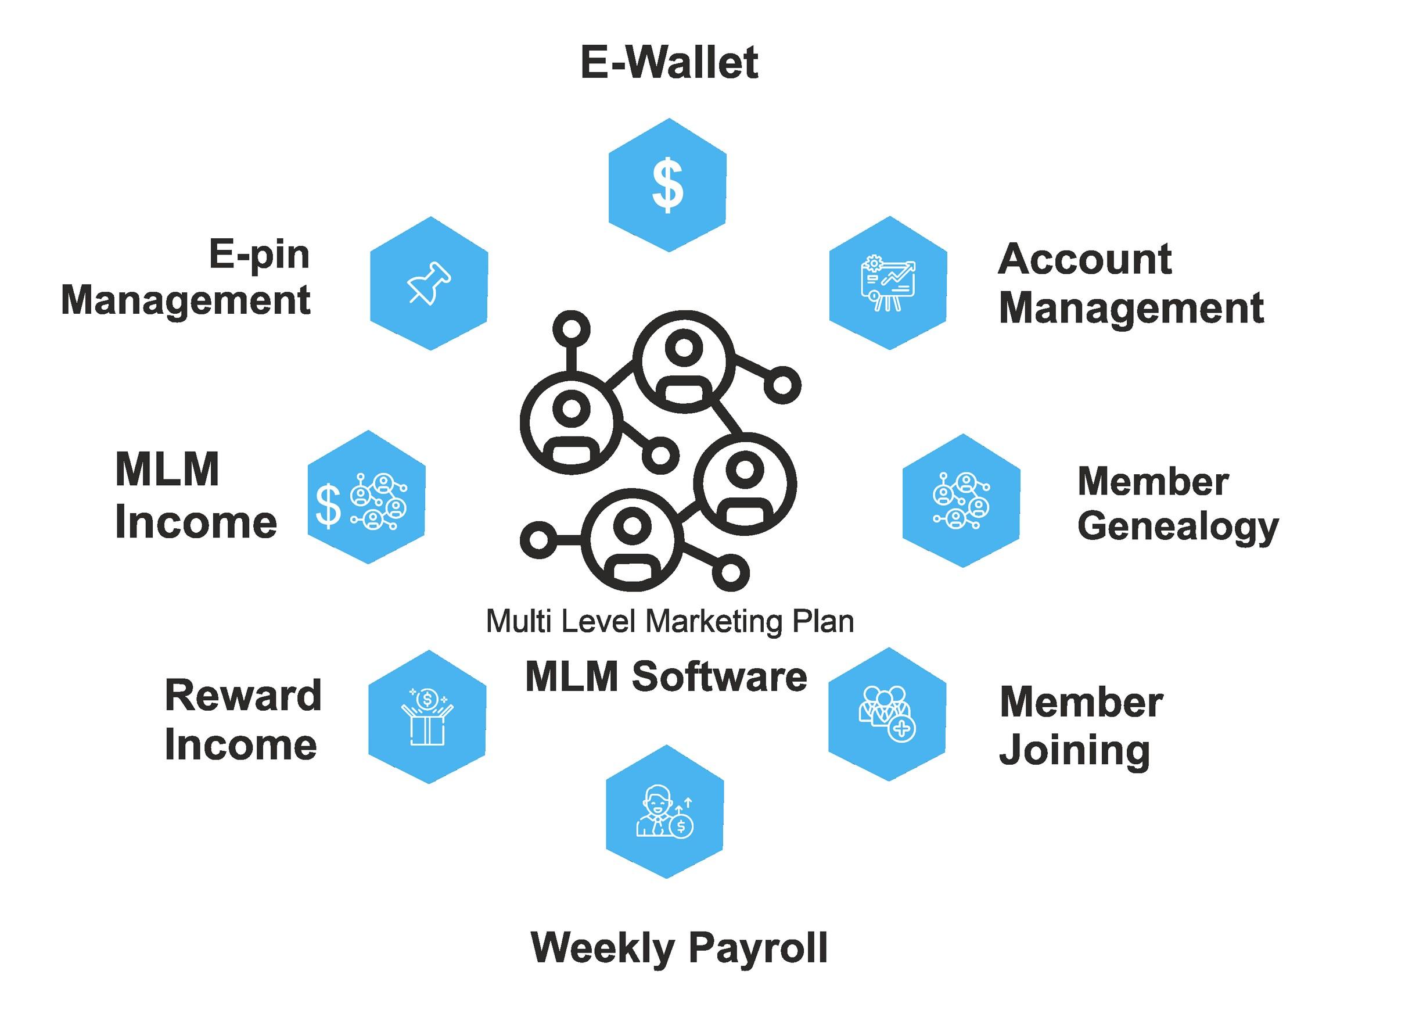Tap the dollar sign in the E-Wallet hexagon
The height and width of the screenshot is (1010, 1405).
click(x=668, y=185)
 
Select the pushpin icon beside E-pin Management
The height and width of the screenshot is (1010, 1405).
click(x=429, y=283)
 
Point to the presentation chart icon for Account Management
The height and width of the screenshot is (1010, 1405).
click(x=887, y=283)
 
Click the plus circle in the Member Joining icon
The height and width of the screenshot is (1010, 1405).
click(x=902, y=729)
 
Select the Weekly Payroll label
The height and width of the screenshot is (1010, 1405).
click(x=679, y=948)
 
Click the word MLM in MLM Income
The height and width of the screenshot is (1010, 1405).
click(x=167, y=469)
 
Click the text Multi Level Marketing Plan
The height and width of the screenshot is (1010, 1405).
click(x=670, y=621)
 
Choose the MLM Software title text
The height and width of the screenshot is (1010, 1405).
click(x=666, y=676)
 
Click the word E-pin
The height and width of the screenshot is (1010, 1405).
click(x=259, y=254)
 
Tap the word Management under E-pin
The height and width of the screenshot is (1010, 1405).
click(x=185, y=301)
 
